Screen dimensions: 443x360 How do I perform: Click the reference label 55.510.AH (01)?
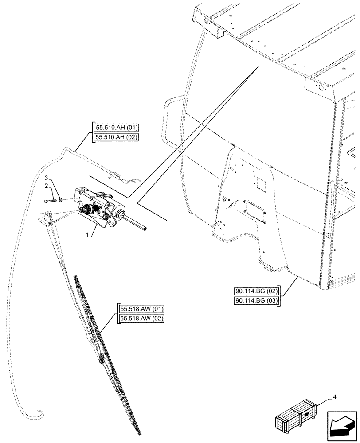pyautogui.click(x=116, y=129)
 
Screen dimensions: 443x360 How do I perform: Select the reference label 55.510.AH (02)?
pyautogui.click(x=116, y=137)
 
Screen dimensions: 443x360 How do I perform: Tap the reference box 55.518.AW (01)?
pyautogui.click(x=141, y=309)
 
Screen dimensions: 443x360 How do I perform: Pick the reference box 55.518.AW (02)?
pyautogui.click(x=141, y=318)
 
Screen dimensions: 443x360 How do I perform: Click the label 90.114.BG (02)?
pyautogui.click(x=256, y=292)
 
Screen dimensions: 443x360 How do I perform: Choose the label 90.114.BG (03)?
pyautogui.click(x=256, y=301)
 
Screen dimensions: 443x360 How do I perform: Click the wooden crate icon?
pyautogui.click(x=296, y=416)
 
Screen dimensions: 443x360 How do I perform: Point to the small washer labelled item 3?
pyautogui.click(x=61, y=200)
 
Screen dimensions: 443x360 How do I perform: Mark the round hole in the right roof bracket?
pyautogui.click(x=318, y=89)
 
